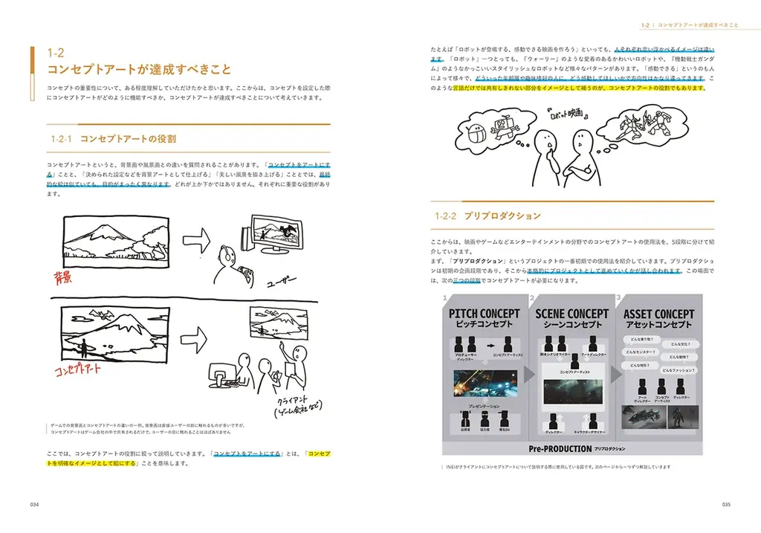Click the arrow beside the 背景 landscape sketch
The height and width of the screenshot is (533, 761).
click(196, 239)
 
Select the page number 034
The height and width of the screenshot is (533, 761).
click(34, 504)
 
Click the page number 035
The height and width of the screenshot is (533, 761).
click(725, 504)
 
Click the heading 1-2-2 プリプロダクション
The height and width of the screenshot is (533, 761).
click(488, 216)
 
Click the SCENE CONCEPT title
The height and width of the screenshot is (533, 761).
click(573, 314)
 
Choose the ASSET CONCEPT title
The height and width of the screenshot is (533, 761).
click(658, 314)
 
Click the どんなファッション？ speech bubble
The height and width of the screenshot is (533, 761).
click(679, 369)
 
